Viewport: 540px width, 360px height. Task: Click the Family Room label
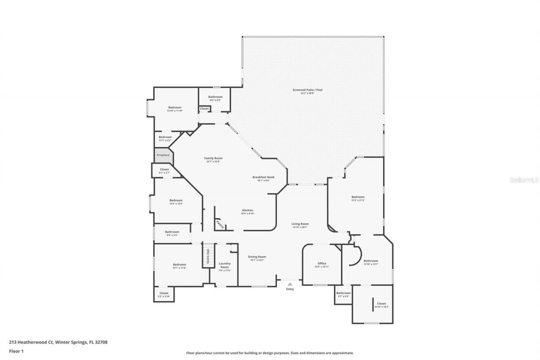click(213, 158)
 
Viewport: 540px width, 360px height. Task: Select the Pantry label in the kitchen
click(219, 224)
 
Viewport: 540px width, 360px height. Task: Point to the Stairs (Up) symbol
click(208, 256)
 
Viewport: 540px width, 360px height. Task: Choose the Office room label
click(322, 263)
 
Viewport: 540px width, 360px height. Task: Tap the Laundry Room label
click(224, 265)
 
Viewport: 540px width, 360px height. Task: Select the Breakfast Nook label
click(263, 177)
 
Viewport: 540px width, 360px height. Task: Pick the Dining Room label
click(256, 257)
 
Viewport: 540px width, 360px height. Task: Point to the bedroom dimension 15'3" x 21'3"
click(358, 200)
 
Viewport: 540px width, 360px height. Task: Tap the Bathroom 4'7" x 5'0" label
click(343, 293)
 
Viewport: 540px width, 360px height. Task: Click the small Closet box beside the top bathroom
click(204, 108)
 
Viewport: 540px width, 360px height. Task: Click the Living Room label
click(300, 224)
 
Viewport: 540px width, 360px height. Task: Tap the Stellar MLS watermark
click(524, 179)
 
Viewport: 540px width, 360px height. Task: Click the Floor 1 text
click(16, 351)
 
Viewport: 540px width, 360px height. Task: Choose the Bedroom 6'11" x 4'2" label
click(165, 137)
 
